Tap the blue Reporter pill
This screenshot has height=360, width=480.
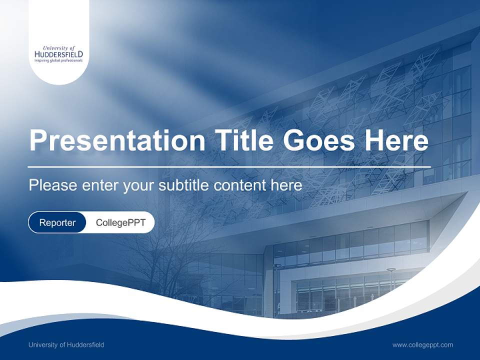click(57, 222)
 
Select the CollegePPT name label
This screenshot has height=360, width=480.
click(120, 222)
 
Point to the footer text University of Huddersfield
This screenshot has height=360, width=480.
click(66, 345)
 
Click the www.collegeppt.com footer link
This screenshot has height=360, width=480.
click(422, 345)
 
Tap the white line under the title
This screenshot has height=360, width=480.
click(229, 166)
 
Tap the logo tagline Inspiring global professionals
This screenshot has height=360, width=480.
click(58, 60)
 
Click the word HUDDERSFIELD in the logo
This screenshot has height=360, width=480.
click(59, 54)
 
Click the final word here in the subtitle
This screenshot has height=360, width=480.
click(286, 185)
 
